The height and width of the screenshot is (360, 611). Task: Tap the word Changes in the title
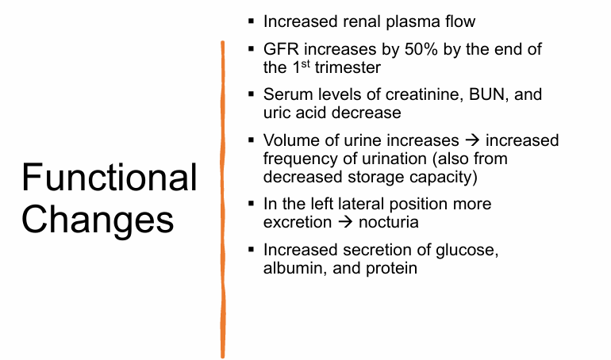pyautogui.click(x=98, y=218)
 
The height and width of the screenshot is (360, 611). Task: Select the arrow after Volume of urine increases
pyautogui.click(x=471, y=140)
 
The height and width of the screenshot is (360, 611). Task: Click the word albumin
pyautogui.click(x=293, y=268)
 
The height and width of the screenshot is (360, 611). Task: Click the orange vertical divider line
pyautogui.click(x=223, y=198)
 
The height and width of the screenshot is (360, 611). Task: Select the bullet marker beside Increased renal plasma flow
pyautogui.click(x=251, y=22)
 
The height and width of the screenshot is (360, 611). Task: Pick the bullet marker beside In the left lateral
pyautogui.click(x=251, y=205)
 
